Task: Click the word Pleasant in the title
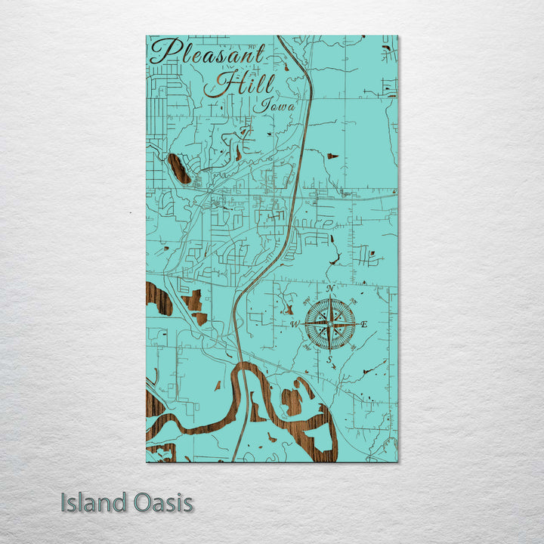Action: pyautogui.click(x=208, y=54)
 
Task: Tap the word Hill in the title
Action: pyautogui.click(x=239, y=84)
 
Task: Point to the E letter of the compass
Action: pyautogui.click(x=364, y=325)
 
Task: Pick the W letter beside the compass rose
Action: pyautogui.click(x=295, y=325)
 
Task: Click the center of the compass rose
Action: pyautogui.click(x=329, y=325)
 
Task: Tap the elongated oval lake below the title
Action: pyautogui.click(x=180, y=168)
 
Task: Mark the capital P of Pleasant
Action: pyautogui.click(x=165, y=51)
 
